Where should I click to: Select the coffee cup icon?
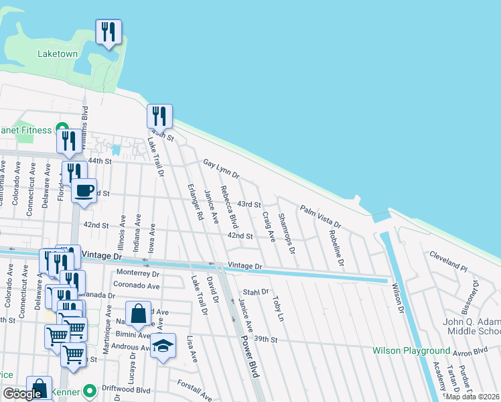click(x=84, y=190)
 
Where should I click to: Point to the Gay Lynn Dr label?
click(x=221, y=171)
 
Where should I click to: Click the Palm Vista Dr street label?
click(x=320, y=216)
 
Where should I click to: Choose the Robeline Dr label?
click(x=336, y=248)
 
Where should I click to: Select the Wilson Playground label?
click(x=411, y=350)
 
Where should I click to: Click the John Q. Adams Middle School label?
click(x=472, y=326)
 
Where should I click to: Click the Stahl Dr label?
click(x=255, y=292)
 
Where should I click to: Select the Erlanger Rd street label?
click(x=195, y=203)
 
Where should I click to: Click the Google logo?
click(x=23, y=394)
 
